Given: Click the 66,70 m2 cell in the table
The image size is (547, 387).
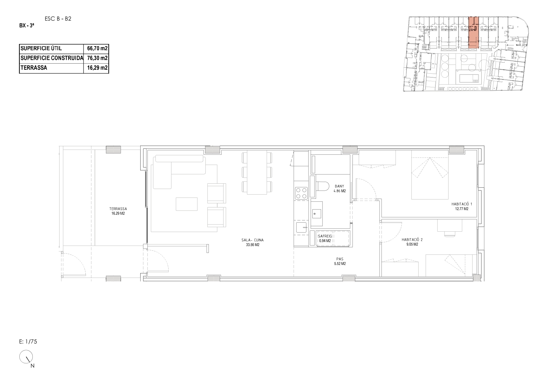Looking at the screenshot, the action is (x=97, y=48).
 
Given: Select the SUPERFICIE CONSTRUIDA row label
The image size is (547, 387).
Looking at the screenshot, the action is (x=52, y=58).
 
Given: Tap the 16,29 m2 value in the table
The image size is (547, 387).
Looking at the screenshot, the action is (x=97, y=68).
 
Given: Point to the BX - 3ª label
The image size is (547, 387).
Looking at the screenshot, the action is (x=26, y=26).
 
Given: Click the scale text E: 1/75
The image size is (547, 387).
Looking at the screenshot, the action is (x=28, y=341).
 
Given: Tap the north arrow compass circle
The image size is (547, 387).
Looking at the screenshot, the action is (x=26, y=357).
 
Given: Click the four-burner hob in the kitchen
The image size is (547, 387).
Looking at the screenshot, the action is (x=301, y=193).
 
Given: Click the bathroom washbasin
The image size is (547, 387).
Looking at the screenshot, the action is (x=317, y=214).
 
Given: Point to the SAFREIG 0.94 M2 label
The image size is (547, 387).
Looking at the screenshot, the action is (x=324, y=238).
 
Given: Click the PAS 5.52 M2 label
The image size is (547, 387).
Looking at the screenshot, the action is (x=340, y=261).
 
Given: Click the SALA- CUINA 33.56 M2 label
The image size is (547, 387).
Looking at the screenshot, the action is (x=252, y=242).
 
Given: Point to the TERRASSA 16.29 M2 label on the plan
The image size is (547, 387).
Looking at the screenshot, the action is (x=118, y=211).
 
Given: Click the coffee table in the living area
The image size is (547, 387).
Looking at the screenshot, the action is (x=187, y=204).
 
